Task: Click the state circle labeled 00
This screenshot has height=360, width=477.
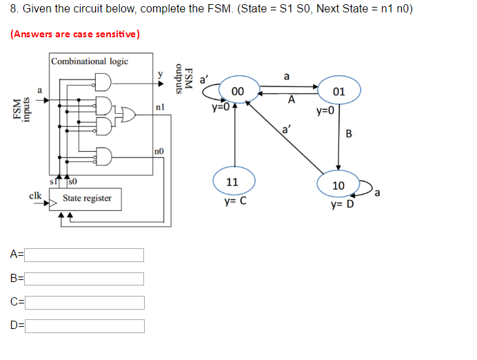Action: (x=238, y=91)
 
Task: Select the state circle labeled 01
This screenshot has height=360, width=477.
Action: (x=338, y=92)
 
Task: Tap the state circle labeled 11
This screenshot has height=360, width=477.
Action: (x=232, y=183)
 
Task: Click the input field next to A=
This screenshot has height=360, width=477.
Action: (x=85, y=255)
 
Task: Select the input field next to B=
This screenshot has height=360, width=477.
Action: (x=85, y=279)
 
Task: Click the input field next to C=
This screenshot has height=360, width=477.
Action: (x=85, y=302)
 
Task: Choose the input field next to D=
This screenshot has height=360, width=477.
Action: (x=85, y=326)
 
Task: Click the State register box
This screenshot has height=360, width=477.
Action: (x=87, y=199)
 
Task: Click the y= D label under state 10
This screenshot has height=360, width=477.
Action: (x=341, y=205)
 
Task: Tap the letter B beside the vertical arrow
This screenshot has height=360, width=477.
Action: (x=348, y=133)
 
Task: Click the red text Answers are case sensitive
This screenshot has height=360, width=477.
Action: (x=74, y=34)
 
